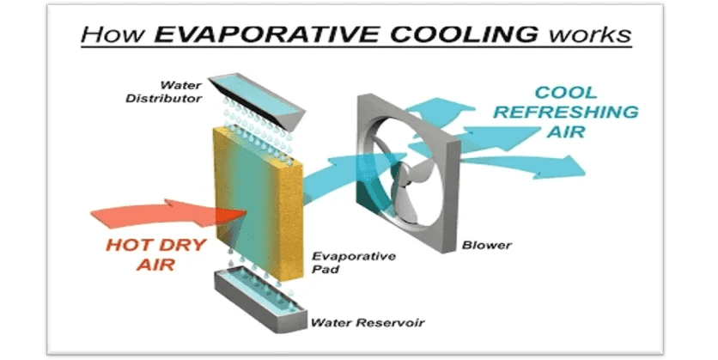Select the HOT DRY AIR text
click(156, 254)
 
